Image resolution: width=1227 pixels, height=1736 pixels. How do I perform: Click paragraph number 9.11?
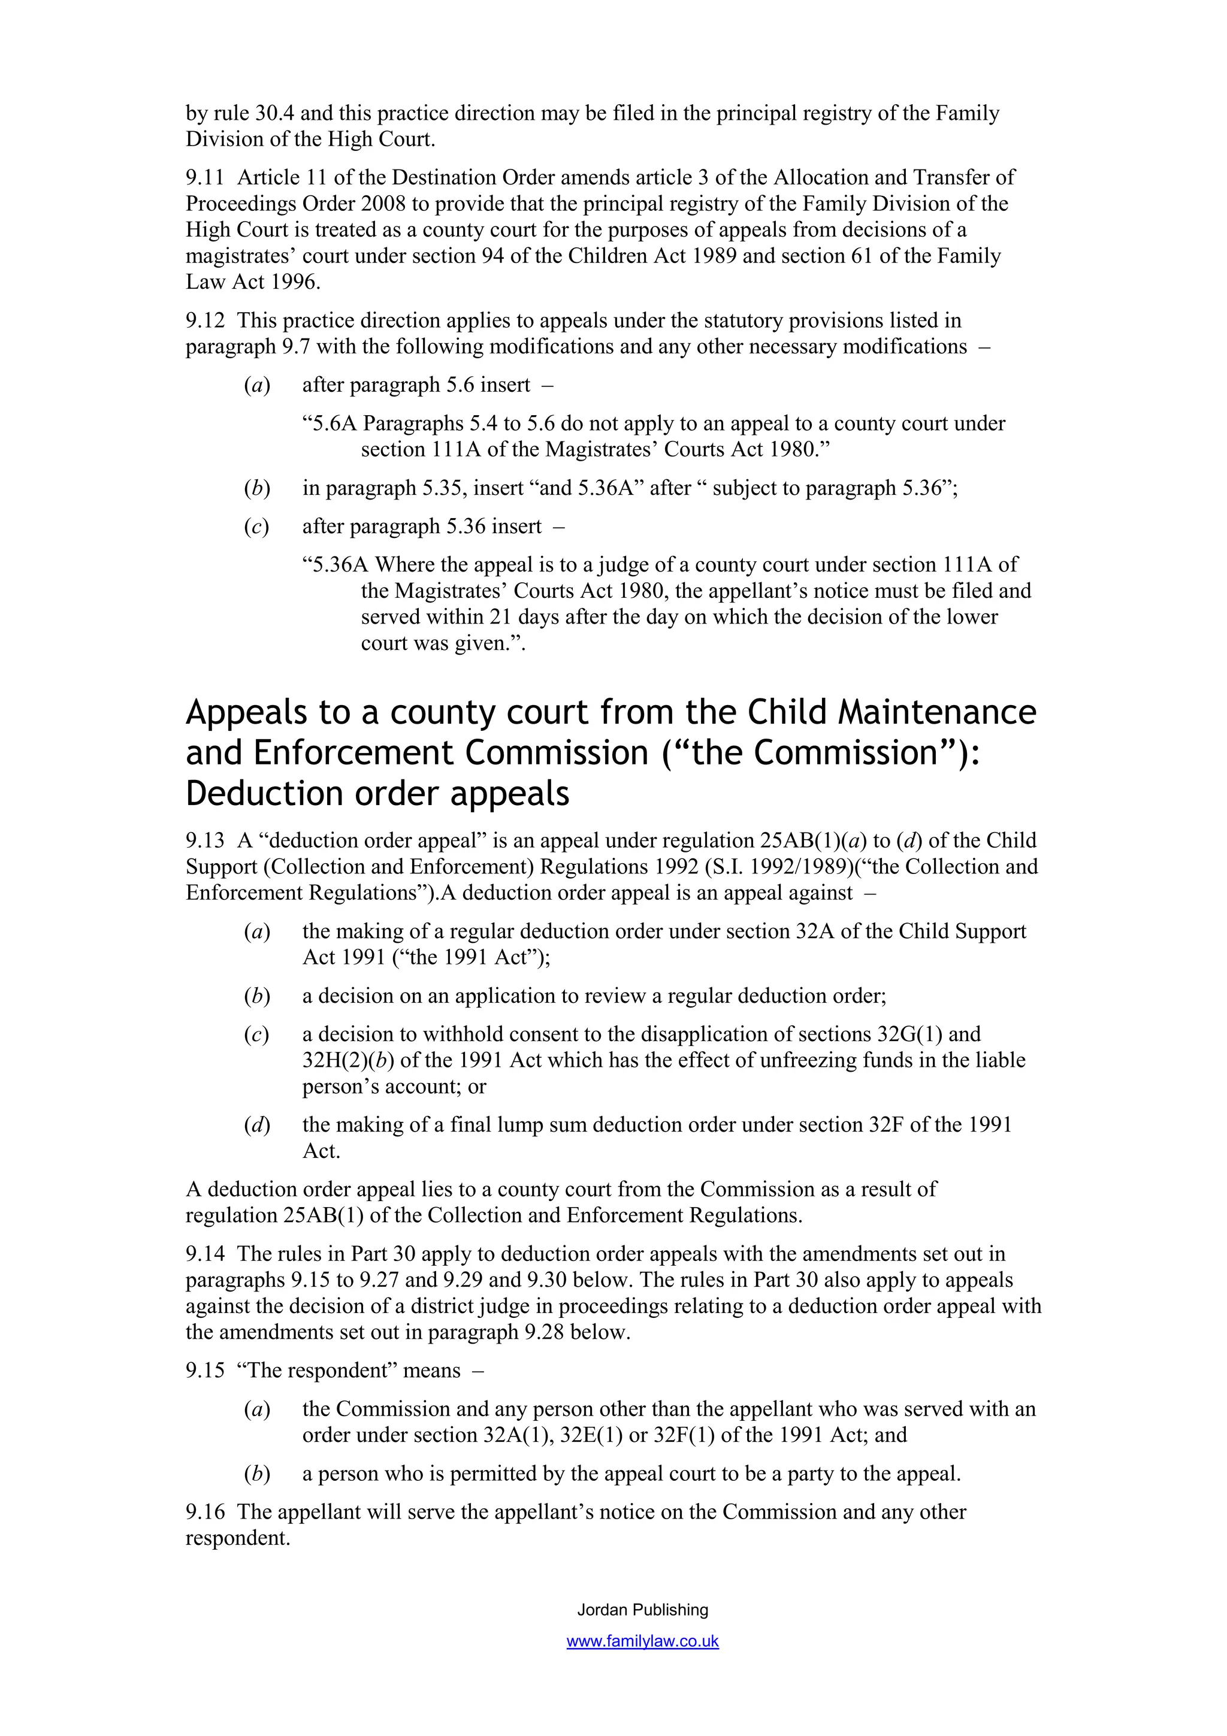(x=205, y=178)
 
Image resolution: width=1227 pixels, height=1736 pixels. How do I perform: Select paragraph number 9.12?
(x=205, y=320)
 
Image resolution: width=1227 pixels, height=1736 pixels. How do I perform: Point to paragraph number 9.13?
(x=205, y=841)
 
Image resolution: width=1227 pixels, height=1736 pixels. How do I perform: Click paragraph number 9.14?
(x=205, y=1254)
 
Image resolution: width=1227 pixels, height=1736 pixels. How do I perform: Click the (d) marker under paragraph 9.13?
(x=257, y=1125)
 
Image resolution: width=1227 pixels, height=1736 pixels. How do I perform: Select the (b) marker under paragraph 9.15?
(x=257, y=1474)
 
